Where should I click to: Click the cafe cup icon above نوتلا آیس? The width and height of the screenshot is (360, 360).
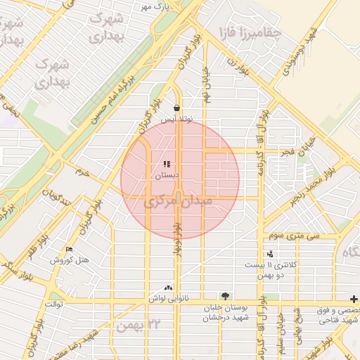(176, 108)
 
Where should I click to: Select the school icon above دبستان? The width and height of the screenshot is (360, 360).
(167, 164)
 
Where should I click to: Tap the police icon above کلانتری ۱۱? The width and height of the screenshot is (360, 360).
(270, 254)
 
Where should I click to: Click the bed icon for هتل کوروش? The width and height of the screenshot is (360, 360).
(69, 250)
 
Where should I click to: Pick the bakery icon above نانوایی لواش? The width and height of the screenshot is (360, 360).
(167, 288)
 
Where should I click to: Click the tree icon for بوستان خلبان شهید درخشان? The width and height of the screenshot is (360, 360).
(224, 296)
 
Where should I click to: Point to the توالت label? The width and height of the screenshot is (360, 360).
(54, 304)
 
